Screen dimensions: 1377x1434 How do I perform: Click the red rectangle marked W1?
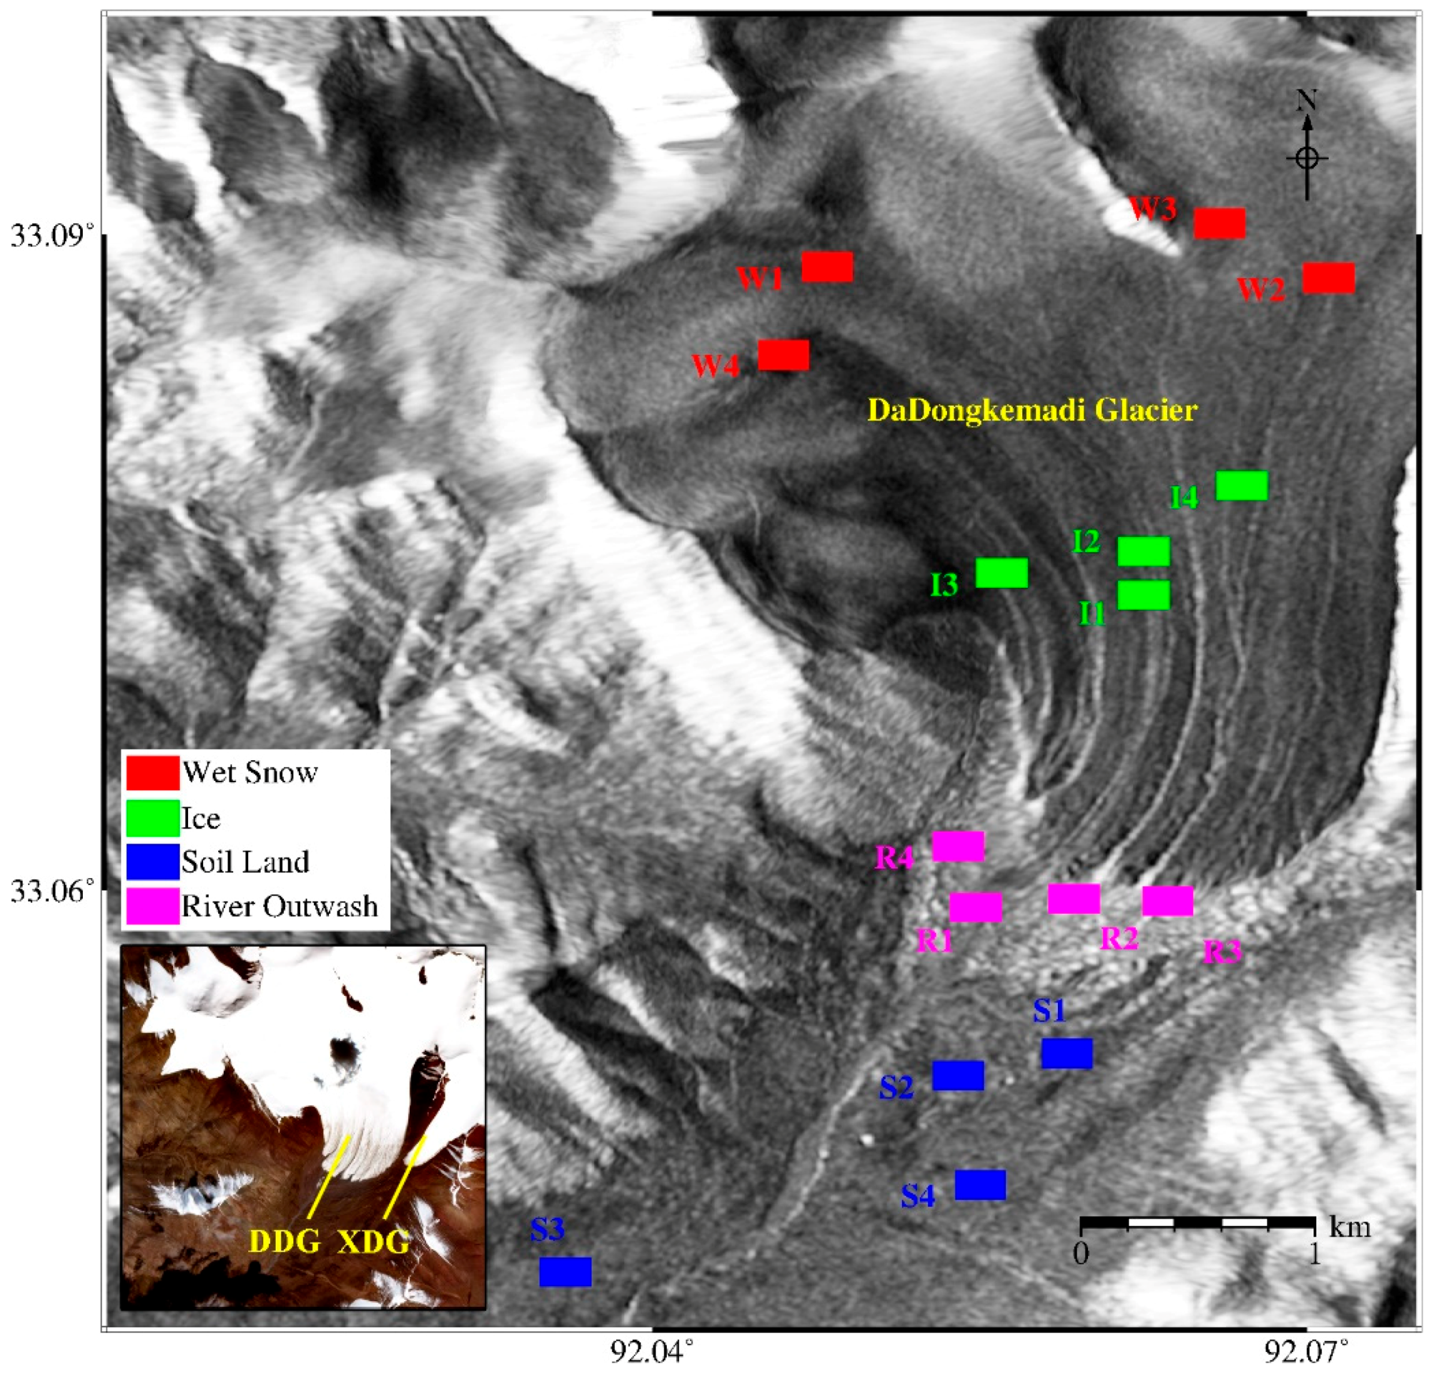827,267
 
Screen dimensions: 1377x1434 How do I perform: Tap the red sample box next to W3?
1220,223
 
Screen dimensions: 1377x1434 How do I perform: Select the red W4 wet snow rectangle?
783,355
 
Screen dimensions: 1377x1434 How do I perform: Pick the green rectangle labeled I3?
1002,573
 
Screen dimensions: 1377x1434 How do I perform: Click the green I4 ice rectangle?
1242,486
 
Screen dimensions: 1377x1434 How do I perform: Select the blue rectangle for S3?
565,1272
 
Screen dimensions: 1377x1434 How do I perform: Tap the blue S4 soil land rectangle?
980,1185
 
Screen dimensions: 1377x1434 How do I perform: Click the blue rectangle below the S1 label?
1067,1054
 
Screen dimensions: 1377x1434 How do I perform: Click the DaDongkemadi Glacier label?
1032,411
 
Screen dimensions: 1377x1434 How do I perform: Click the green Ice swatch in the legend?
152,818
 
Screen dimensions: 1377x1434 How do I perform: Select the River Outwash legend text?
280,906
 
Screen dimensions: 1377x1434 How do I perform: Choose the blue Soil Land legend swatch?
152,862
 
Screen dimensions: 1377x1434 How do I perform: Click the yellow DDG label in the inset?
285,1241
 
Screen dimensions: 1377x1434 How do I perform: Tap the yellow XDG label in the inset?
373,1241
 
